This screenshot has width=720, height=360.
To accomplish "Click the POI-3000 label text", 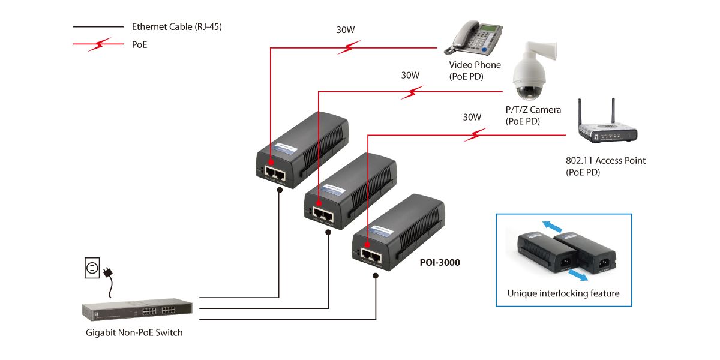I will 439,262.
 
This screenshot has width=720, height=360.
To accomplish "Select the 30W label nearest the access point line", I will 472,118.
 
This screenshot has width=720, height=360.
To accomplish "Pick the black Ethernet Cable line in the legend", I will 98,27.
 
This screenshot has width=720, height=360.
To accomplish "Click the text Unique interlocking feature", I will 563,294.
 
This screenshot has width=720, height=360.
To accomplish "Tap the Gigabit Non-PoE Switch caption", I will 134,332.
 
